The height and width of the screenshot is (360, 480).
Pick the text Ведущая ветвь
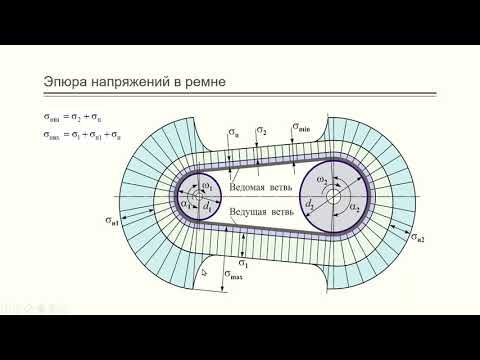(x=260, y=213)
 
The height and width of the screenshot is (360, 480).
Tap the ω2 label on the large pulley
(x=321, y=179)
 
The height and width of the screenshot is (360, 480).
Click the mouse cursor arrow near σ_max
(x=203, y=270)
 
